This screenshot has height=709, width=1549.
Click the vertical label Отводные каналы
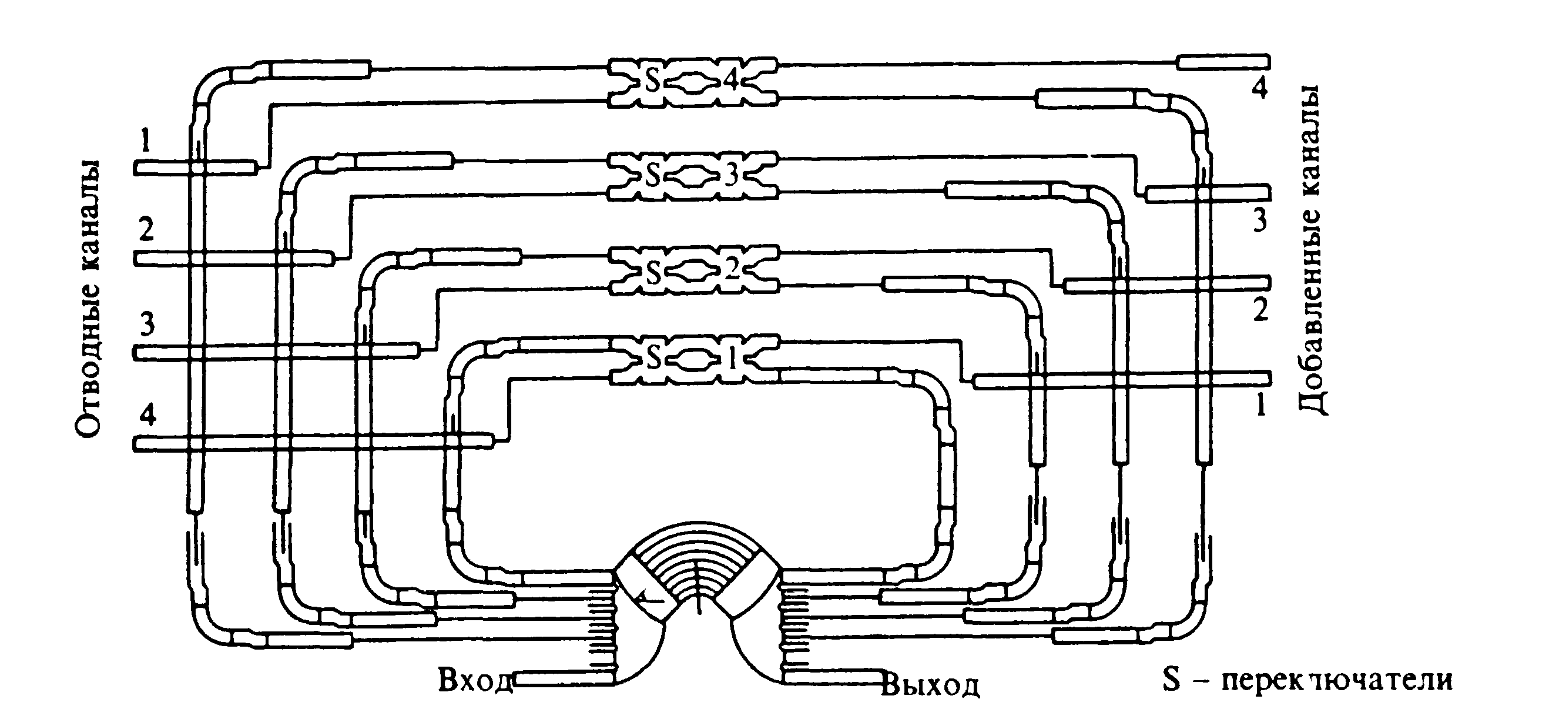[x=88, y=298]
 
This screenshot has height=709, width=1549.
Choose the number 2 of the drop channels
[x=146, y=230]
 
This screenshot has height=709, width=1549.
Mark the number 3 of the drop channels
[x=147, y=324]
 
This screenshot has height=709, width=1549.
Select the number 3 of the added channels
[x=1260, y=220]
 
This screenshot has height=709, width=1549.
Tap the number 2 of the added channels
[x=1260, y=310]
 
